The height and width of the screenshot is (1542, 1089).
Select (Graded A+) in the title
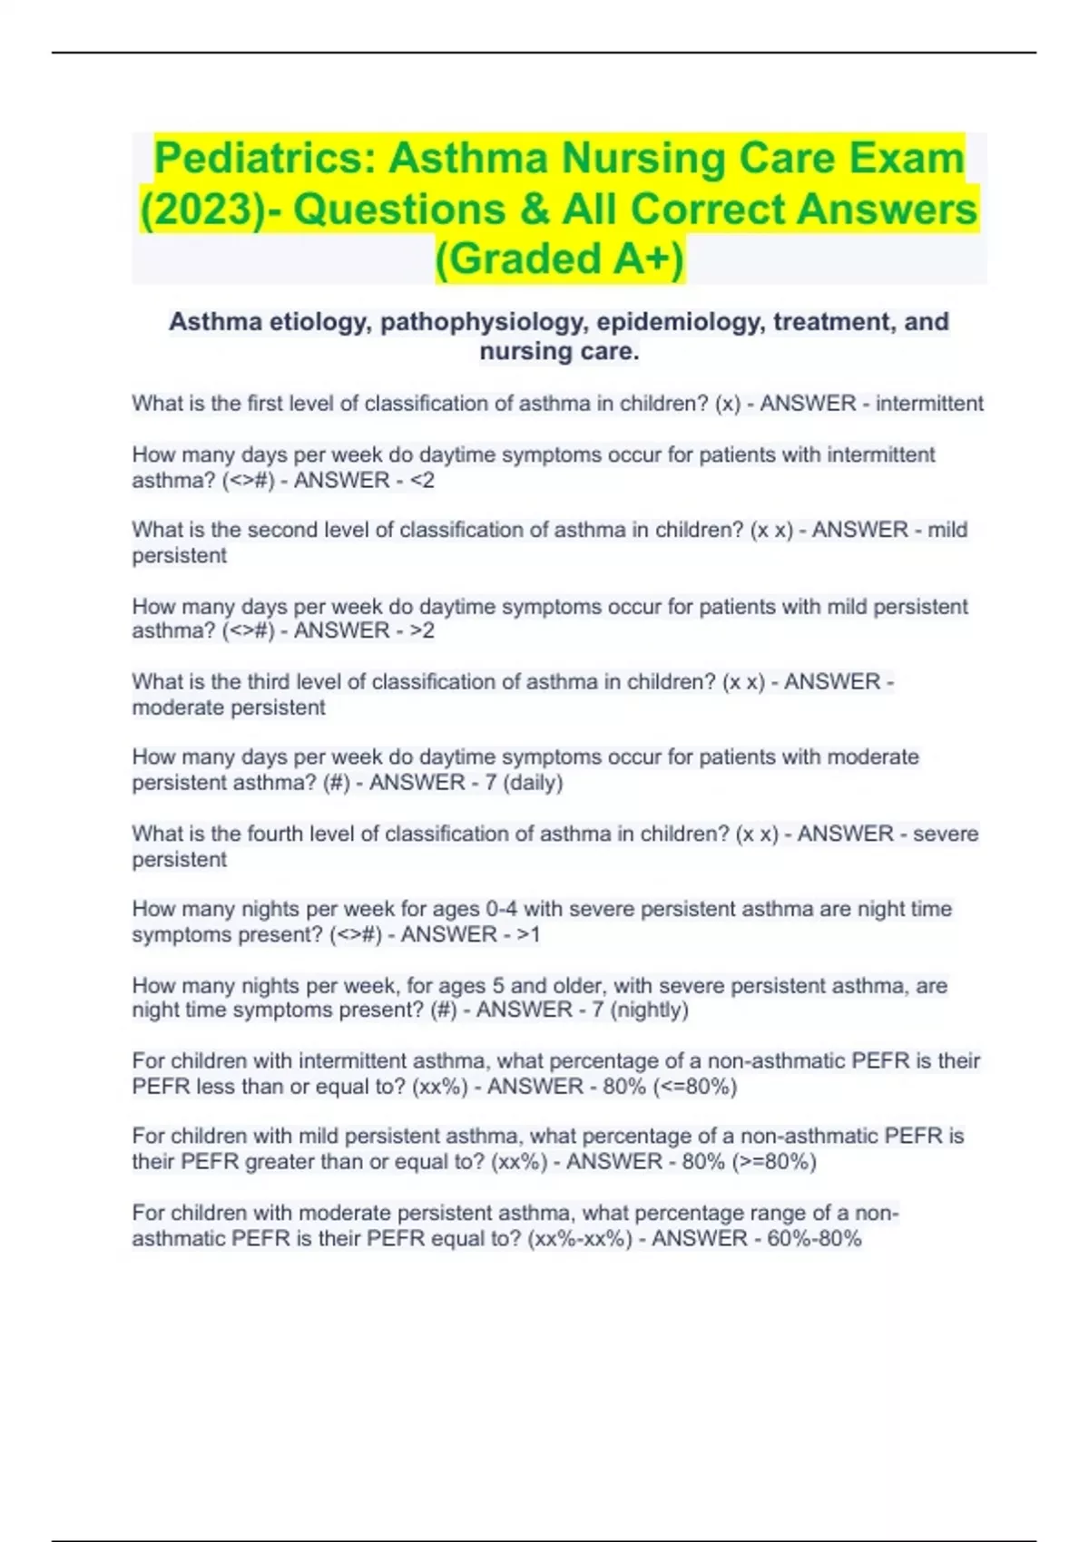click(x=560, y=258)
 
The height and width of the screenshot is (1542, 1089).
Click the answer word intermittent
click(x=929, y=404)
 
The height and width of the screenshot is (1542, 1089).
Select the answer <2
click(x=422, y=481)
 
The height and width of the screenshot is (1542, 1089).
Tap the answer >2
click(x=422, y=631)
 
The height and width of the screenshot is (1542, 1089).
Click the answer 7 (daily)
click(x=524, y=783)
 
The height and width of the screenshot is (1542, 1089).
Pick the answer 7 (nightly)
click(x=640, y=1010)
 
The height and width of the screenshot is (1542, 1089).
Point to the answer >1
click(x=528, y=935)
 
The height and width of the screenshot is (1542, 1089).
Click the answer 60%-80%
click(x=814, y=1239)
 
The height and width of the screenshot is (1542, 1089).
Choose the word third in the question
click(x=265, y=682)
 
